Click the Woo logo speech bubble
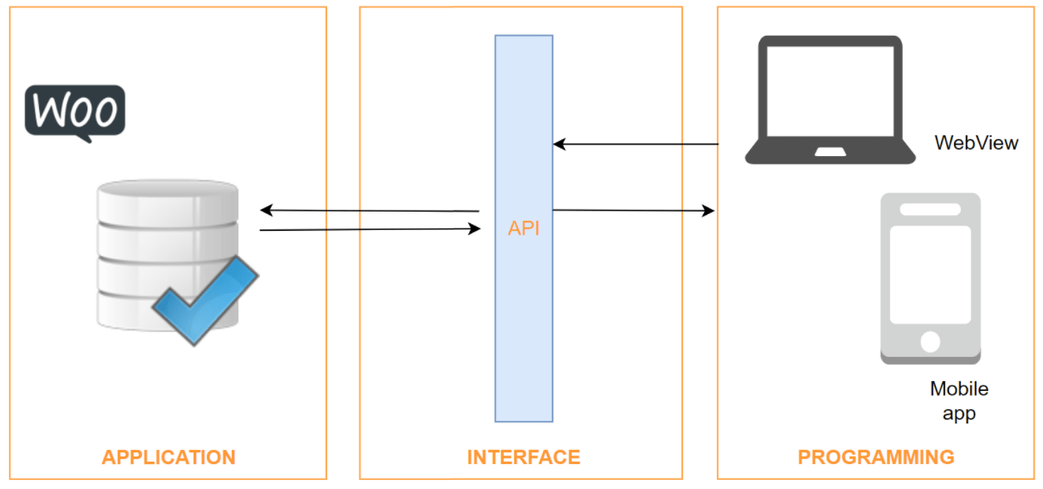[75, 110]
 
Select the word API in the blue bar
[523, 228]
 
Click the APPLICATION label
[169, 457]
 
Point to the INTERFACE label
[523, 457]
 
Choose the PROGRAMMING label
[876, 457]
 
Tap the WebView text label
[976, 143]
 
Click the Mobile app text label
[959, 400]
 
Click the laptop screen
[830, 91]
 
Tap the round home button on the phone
[930, 341]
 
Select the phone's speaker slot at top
[930, 209]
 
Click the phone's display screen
[930, 274]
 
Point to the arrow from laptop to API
[635, 144]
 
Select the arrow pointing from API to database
[370, 211]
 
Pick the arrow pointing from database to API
[370, 229]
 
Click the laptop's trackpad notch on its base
[830, 152]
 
